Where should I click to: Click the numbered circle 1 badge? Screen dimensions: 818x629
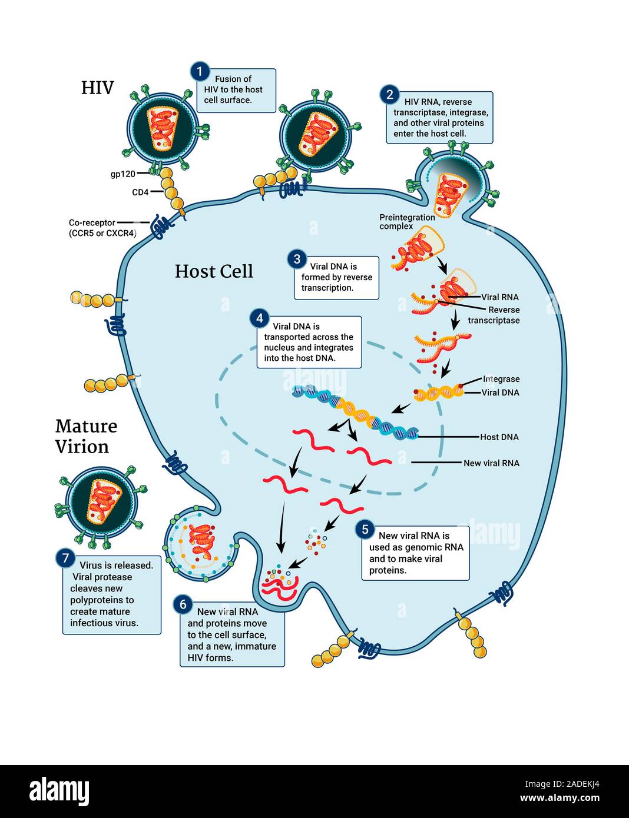pyautogui.click(x=200, y=72)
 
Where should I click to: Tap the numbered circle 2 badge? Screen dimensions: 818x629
pyautogui.click(x=389, y=95)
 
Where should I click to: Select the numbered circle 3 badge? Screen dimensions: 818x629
pyautogui.click(x=297, y=259)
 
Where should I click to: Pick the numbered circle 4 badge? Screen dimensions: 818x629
pyautogui.click(x=260, y=318)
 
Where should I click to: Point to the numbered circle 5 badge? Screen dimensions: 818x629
pyautogui.click(x=365, y=530)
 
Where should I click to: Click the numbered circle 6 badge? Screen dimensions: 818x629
pyautogui.click(x=183, y=604)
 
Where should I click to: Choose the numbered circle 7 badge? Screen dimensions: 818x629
pyautogui.click(x=65, y=558)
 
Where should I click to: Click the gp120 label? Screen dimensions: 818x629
pyautogui.click(x=123, y=174)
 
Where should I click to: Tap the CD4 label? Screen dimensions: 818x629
pyautogui.click(x=140, y=192)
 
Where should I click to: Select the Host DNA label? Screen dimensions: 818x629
pyautogui.click(x=499, y=437)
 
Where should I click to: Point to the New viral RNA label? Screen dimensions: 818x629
pyautogui.click(x=491, y=463)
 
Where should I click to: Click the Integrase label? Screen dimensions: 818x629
pyautogui.click(x=501, y=379)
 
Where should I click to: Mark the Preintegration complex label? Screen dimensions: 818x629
pyautogui.click(x=406, y=222)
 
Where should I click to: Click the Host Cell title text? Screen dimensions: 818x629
pyautogui.click(x=214, y=271)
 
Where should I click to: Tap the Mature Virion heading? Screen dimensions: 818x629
pyautogui.click(x=86, y=436)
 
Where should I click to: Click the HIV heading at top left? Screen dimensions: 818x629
pyautogui.click(x=97, y=88)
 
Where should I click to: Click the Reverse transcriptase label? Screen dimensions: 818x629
pyautogui.click(x=495, y=315)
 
